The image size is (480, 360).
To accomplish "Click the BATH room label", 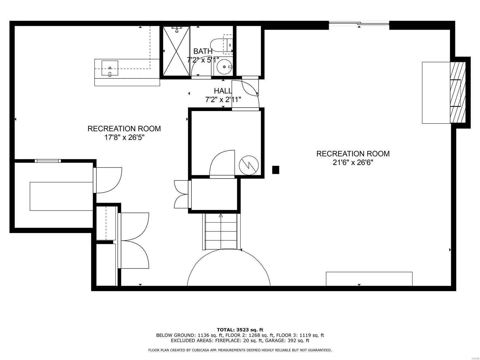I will tap(203, 51).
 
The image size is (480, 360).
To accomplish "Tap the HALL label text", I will tap(223, 91).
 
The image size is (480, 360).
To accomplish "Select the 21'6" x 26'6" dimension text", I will tap(353, 163).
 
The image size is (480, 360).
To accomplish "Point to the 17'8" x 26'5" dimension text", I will tap(124, 138).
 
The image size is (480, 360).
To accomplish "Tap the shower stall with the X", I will tap(176, 51).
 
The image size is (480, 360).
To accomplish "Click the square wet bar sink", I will tap(110, 68).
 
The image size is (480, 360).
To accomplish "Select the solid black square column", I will tap(275, 170).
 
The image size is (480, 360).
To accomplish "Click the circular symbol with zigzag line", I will tap(249, 165).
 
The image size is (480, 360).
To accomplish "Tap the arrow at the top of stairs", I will tap(221, 215).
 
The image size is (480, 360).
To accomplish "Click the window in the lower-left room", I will tap(48, 161).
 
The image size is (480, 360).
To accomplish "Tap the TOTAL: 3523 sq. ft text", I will tap(240, 330).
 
